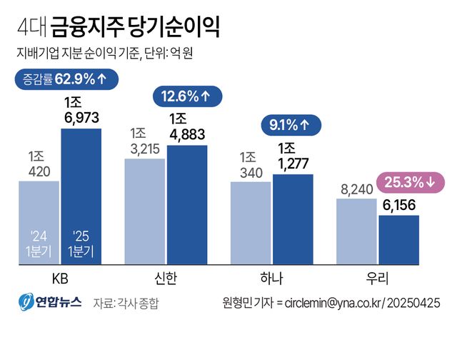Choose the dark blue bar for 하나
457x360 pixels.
tap(293, 218)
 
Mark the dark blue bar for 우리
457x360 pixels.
tap(398, 239)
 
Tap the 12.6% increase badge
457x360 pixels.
tap(186, 96)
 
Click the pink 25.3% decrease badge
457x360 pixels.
tap(410, 183)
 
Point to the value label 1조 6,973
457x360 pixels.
tap(81, 109)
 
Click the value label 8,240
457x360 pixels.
tap(357, 189)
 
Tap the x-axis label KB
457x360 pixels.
tap(60, 276)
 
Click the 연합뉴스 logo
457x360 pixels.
tap(50, 303)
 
